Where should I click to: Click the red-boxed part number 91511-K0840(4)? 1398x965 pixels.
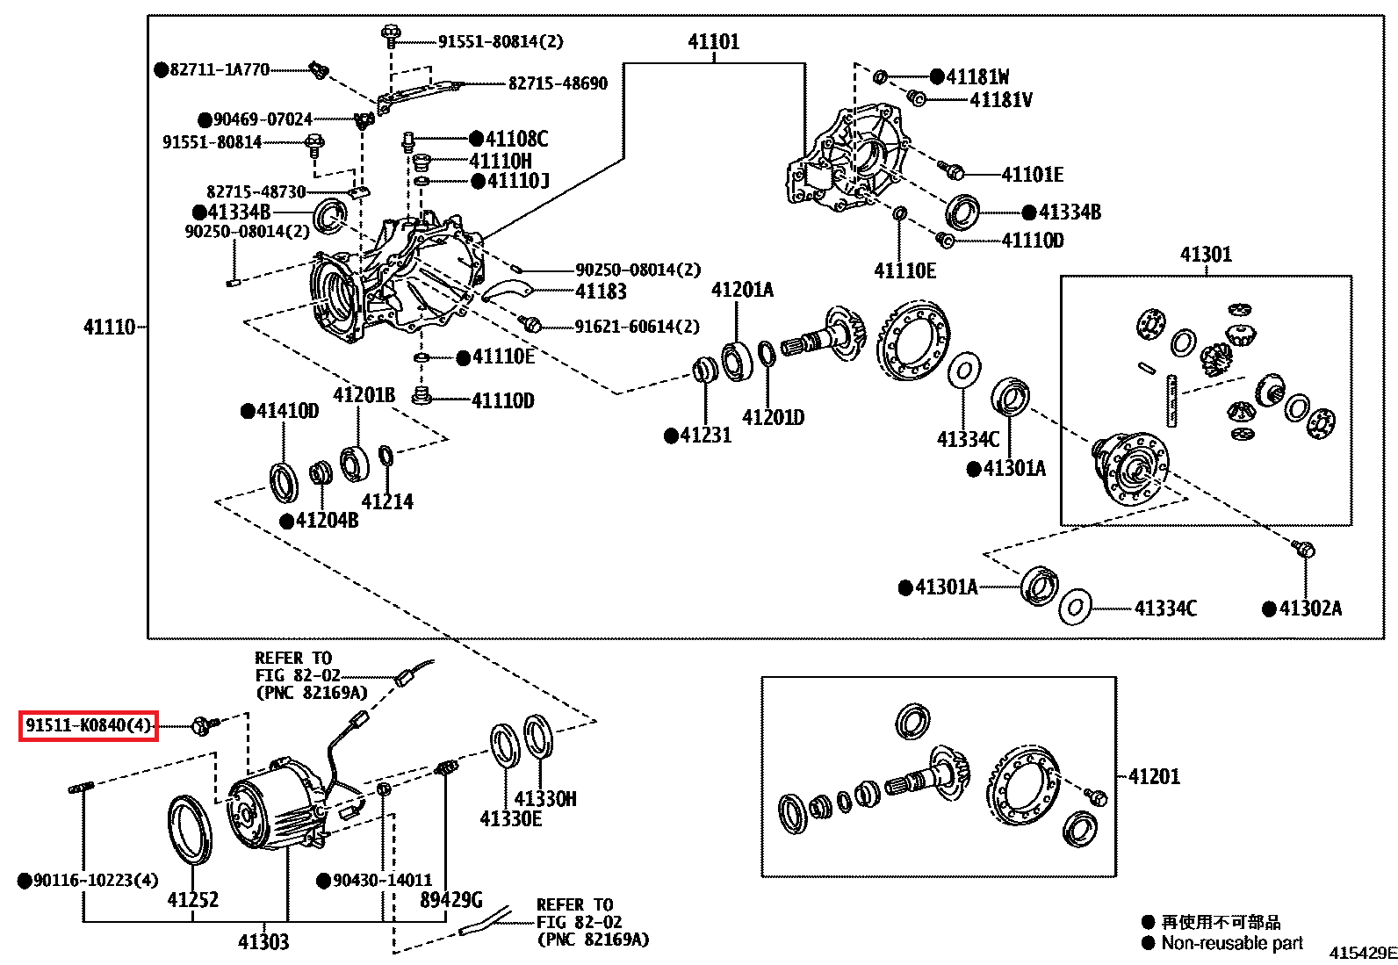tap(88, 725)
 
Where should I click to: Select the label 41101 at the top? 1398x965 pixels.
tap(713, 42)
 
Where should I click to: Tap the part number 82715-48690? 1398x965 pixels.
tap(558, 83)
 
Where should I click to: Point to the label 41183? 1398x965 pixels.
tap(601, 292)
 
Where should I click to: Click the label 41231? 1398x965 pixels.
tap(706, 435)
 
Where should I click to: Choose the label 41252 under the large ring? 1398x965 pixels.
tap(193, 899)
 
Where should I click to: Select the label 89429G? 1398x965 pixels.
tap(451, 899)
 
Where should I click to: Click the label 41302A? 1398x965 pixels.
tap(1310, 608)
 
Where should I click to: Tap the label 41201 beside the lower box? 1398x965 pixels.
tap(1155, 776)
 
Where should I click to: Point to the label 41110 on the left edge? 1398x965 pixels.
tap(109, 327)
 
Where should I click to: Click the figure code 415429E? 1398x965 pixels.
tap(1363, 953)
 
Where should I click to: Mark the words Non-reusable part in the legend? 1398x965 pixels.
tap(1232, 943)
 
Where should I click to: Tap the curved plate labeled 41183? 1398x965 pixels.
tap(507, 290)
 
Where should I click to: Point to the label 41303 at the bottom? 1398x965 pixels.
tap(263, 942)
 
